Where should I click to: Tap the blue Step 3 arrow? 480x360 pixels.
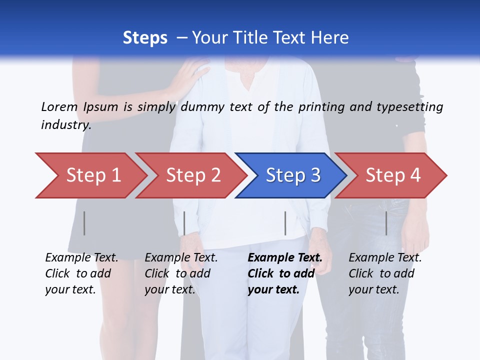[x=292, y=175]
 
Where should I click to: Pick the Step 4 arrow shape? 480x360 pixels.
[x=392, y=175]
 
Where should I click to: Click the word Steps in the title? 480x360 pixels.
[x=145, y=38]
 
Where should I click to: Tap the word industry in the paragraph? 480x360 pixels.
[x=66, y=125]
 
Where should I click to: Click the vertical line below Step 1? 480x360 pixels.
[x=84, y=223]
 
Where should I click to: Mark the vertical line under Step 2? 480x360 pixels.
[x=184, y=223]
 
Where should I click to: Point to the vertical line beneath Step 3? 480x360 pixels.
[x=285, y=223]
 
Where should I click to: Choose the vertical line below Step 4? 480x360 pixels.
[x=386, y=223]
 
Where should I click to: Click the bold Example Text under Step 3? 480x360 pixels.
[x=285, y=258]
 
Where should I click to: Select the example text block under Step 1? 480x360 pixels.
[x=81, y=273]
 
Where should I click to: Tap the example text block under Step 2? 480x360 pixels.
[x=181, y=273]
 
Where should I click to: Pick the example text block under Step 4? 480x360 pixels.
[x=385, y=273]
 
